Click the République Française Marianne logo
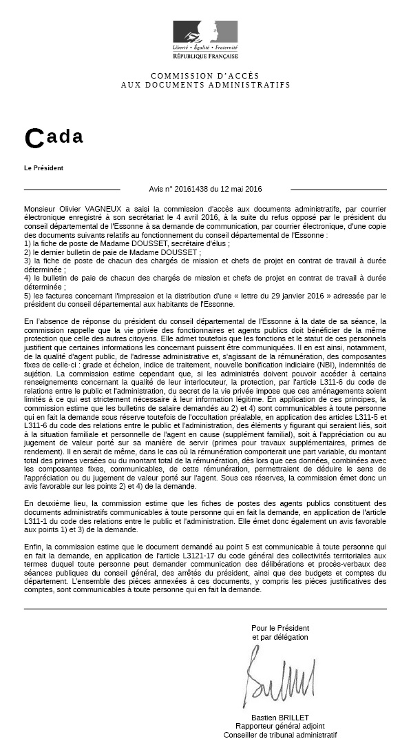pyautogui.click(x=205, y=32)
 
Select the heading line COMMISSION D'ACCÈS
pyautogui.click(x=205, y=76)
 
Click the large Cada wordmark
pyautogui.click(x=54, y=138)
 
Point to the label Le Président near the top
pyautogui.click(x=43, y=168)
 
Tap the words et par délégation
pyautogui.click(x=280, y=638)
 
